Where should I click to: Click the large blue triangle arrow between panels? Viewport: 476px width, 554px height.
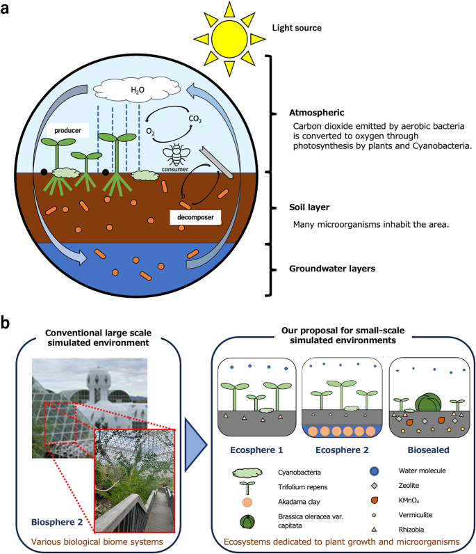point(199,437)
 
